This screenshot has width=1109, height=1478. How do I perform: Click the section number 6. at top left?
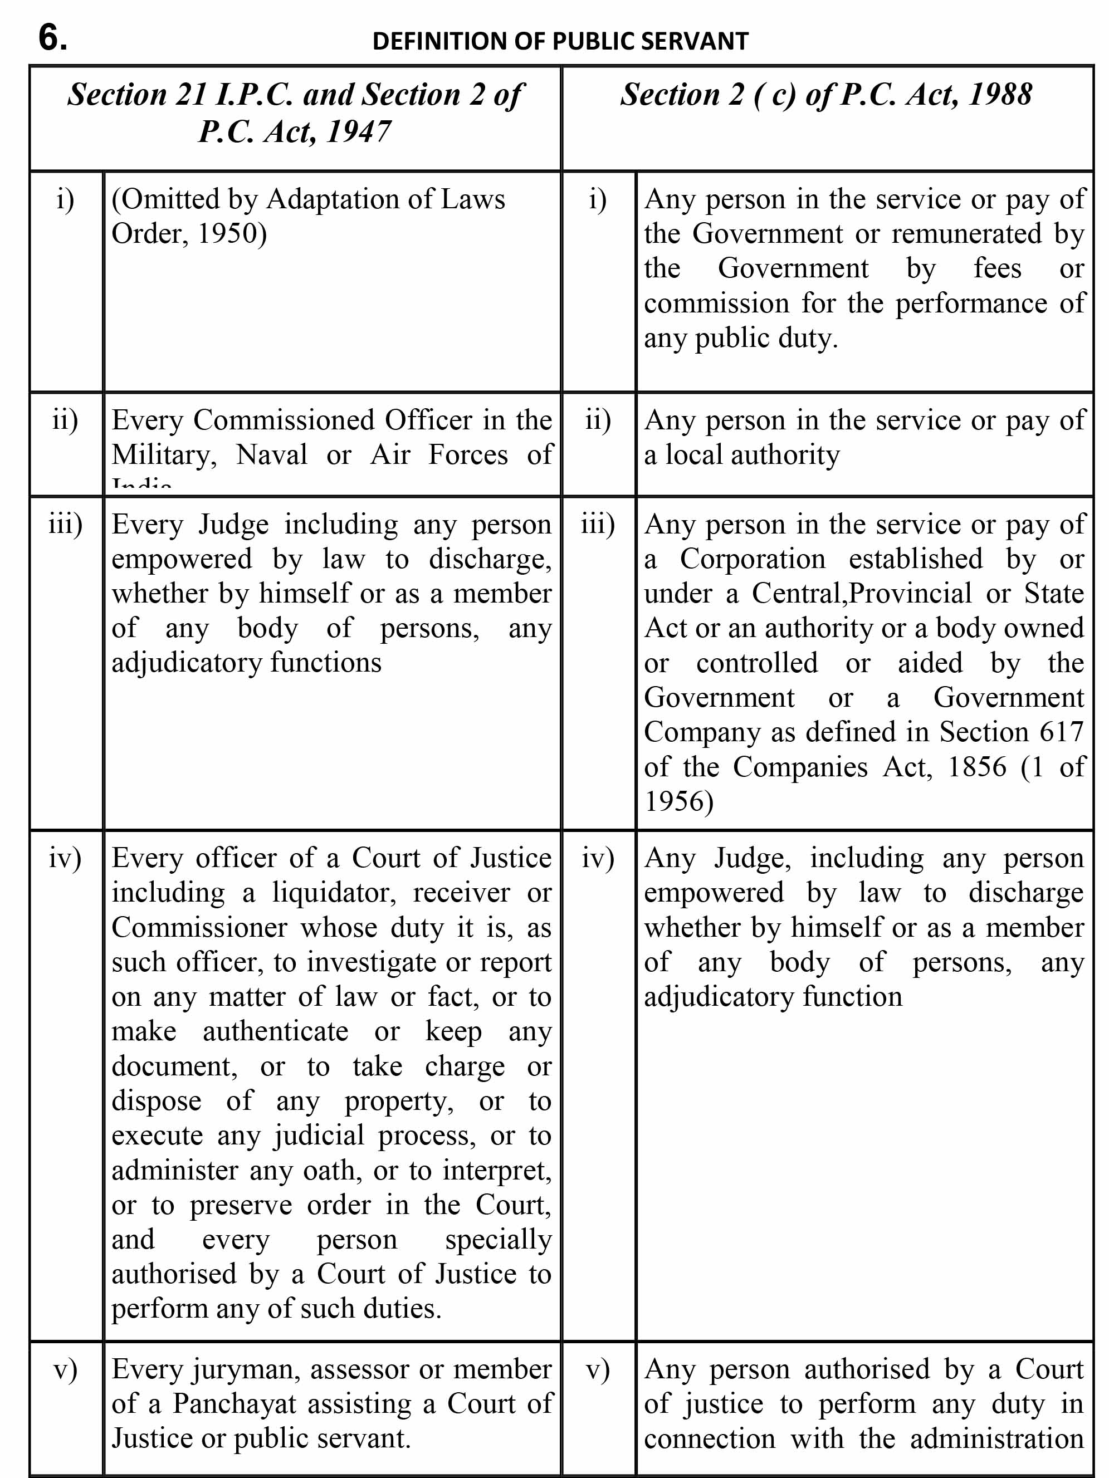point(53,37)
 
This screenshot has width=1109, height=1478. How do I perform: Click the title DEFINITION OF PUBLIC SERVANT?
point(560,41)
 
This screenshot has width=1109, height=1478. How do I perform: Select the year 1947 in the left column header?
point(358,131)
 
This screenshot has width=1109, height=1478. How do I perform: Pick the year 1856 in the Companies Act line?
point(976,766)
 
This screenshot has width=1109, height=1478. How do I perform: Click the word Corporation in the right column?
point(753,559)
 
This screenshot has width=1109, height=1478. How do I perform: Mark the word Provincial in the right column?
point(911,593)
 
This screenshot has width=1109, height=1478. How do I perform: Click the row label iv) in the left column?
point(65,858)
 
